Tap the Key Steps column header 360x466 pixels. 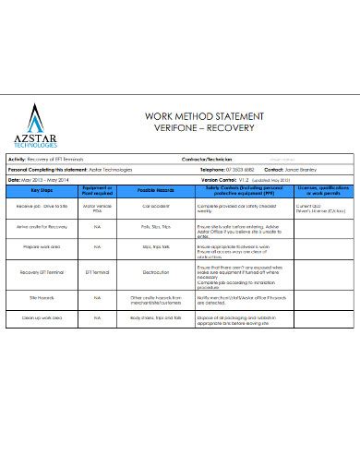pyautogui.click(x=42, y=189)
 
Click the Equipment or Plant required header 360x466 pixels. pyautogui.click(x=97, y=189)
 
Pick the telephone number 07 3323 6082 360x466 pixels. pyautogui.click(x=242, y=171)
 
